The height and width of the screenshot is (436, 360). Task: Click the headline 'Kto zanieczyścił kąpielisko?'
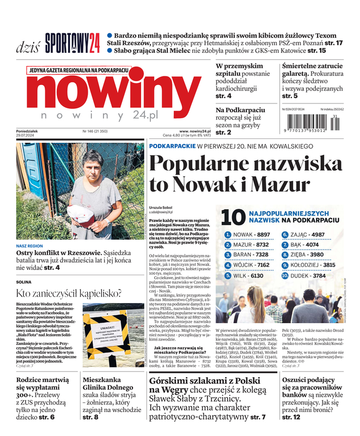(68, 293)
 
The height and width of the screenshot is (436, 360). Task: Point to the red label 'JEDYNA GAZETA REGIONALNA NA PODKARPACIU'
(79, 70)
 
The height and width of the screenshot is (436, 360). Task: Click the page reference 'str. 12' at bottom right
(291, 417)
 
